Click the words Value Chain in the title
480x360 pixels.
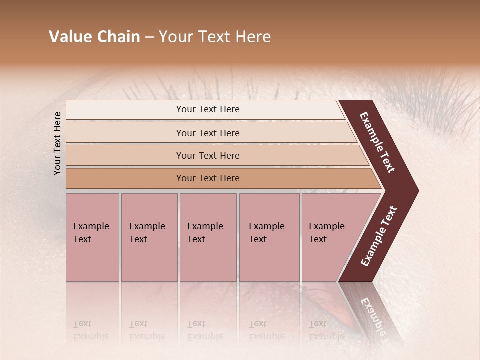(x=94, y=37)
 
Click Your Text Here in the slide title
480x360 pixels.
(x=215, y=37)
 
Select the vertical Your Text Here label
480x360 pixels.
(x=57, y=143)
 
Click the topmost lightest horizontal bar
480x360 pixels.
(x=207, y=109)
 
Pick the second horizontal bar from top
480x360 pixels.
(x=207, y=133)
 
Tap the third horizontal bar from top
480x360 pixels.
(x=207, y=155)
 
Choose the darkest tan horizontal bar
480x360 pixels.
(x=207, y=178)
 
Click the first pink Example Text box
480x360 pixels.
(x=92, y=237)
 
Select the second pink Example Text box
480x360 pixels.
(x=149, y=237)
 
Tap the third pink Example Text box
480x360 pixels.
(x=208, y=237)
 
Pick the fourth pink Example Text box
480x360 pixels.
(x=269, y=237)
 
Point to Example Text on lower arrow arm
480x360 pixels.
(x=379, y=236)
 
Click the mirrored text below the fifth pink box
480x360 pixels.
(x=326, y=330)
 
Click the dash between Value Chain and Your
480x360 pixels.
(x=149, y=37)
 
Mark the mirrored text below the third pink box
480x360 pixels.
(x=205, y=330)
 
